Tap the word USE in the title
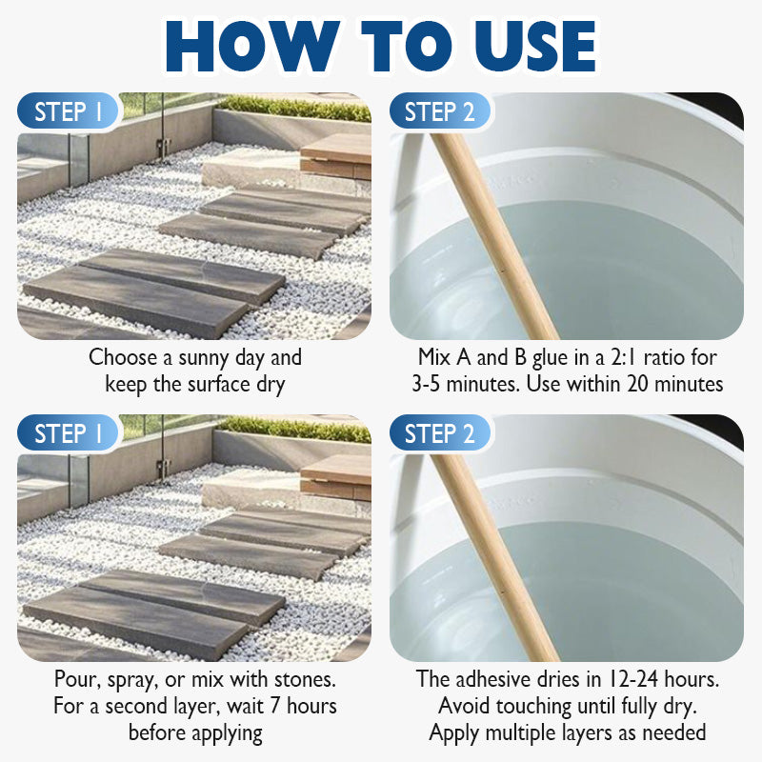point(534,47)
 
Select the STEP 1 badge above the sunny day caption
point(68,111)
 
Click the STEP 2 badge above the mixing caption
point(439,111)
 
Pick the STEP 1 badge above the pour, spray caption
point(68,433)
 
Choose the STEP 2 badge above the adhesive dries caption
point(439,433)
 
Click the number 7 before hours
point(275,706)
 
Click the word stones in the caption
point(305,679)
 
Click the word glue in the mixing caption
point(551,359)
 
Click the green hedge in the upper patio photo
point(294,108)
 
